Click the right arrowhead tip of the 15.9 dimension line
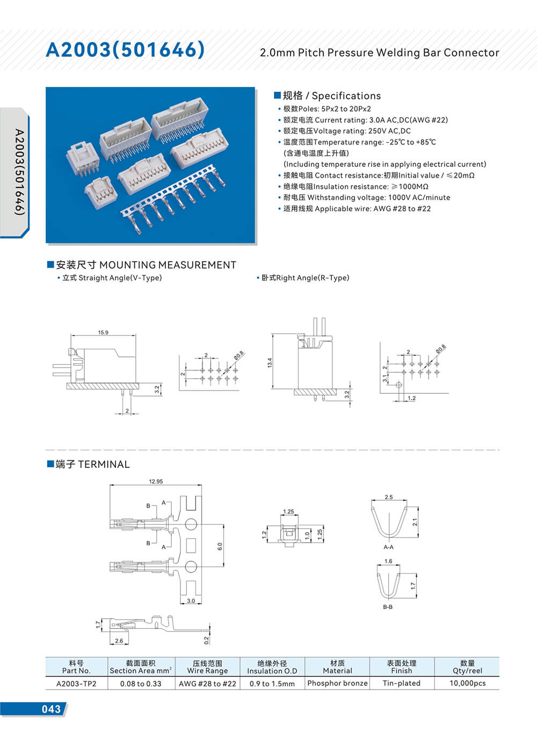(135, 335)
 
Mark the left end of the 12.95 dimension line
(110, 485)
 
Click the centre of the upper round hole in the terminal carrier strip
(191, 524)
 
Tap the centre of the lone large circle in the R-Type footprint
(398, 385)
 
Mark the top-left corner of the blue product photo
(46, 87)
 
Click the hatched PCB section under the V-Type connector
(103, 386)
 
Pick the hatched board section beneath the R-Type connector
(315, 392)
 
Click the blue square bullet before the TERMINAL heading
(50, 464)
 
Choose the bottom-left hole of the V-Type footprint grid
(202, 379)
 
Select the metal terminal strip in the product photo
(173, 199)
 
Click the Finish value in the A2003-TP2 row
(402, 683)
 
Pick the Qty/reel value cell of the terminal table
(467, 683)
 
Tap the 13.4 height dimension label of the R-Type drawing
(270, 363)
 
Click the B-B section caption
(388, 607)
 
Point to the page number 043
(51, 709)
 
